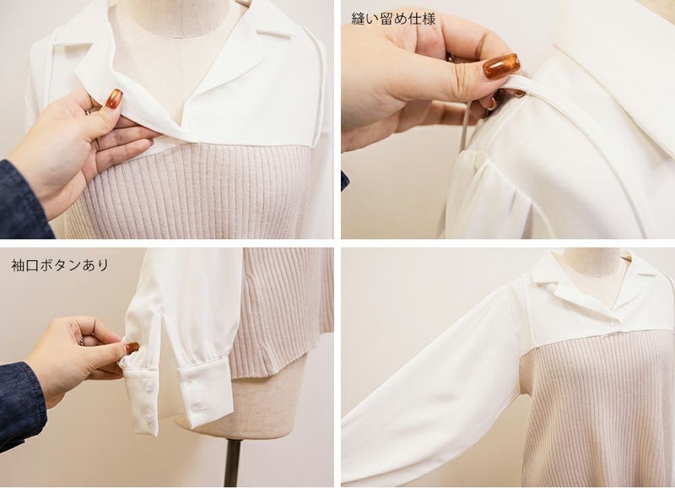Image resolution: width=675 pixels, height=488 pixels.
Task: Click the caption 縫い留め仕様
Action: [x=393, y=19]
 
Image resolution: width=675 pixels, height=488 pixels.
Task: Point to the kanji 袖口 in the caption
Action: [x=25, y=265]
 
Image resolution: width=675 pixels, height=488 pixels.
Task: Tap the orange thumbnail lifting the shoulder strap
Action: [x=501, y=66]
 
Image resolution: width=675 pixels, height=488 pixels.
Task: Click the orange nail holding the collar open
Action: [x=114, y=99]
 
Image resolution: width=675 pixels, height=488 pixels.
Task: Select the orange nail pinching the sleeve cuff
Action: [x=132, y=348]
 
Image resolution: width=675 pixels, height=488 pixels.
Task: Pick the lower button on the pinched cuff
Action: [x=149, y=415]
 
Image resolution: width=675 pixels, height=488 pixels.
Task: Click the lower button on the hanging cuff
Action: [x=197, y=408]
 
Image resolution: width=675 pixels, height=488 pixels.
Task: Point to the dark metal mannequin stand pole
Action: [x=233, y=464]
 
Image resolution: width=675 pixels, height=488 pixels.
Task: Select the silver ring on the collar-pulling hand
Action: [x=88, y=112]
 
